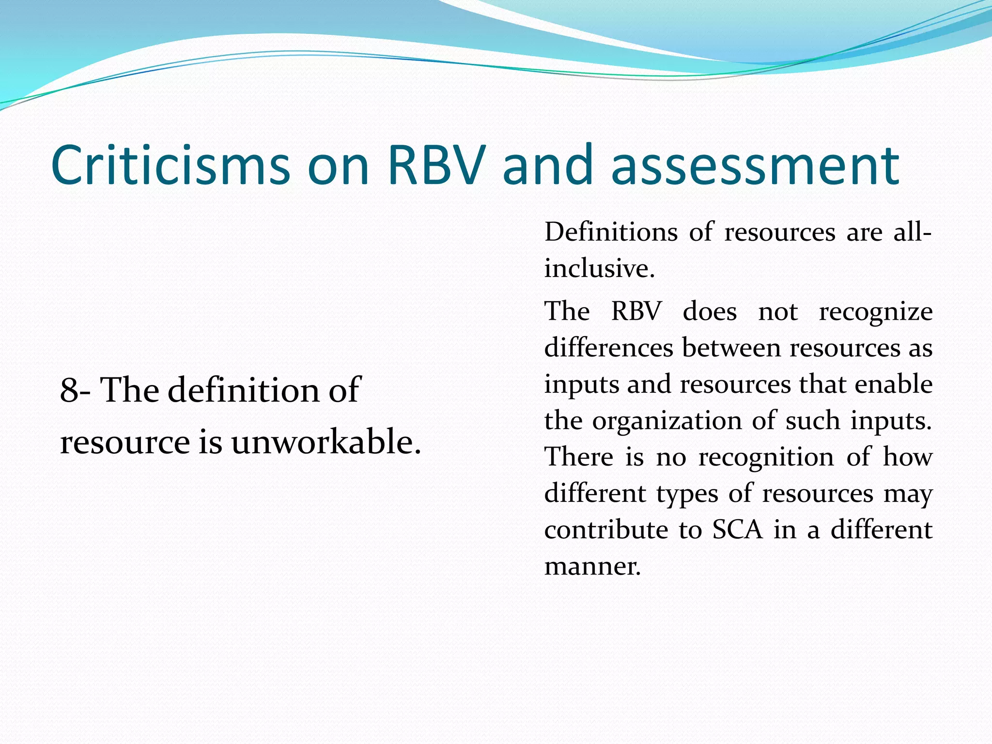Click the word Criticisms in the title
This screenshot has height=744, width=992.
point(170,165)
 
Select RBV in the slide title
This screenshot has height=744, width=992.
point(436,165)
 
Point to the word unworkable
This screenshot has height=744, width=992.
point(326,442)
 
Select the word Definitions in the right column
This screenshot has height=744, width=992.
point(611,232)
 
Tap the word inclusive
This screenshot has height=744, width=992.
point(599,268)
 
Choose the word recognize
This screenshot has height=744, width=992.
point(876,311)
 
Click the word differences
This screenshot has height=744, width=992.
point(609,348)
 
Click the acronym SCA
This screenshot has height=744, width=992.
point(737,529)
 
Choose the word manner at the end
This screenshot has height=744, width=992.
point(592,566)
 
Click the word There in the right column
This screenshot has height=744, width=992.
point(579,457)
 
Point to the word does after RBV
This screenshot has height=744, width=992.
point(710,311)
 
